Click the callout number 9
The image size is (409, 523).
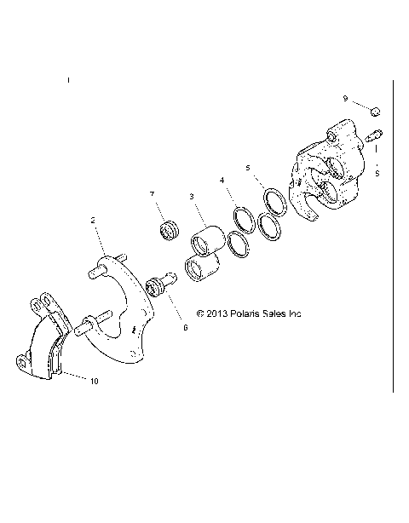[x=346, y=99]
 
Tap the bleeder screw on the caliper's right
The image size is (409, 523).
[x=374, y=134]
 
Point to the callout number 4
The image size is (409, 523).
[x=222, y=181]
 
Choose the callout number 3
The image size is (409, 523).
[x=193, y=196]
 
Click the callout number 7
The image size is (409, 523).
[x=153, y=194]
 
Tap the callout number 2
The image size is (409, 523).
[x=92, y=219]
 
